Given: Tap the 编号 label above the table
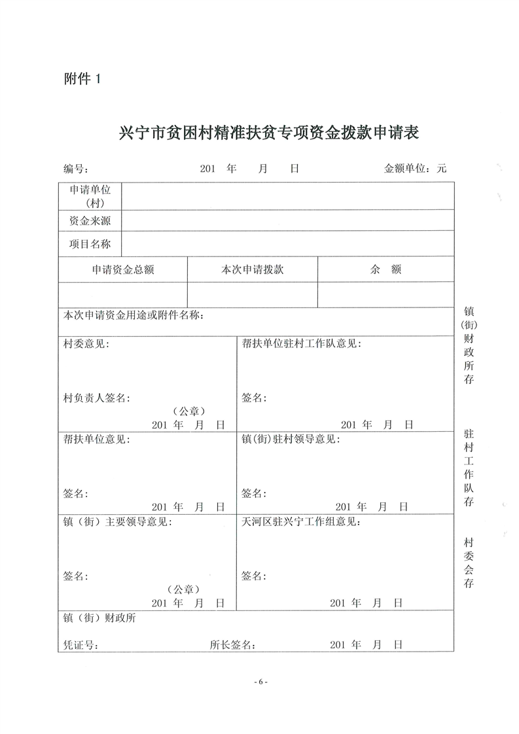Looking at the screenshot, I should (x=75, y=169).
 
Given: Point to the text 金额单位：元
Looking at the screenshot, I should (x=415, y=169).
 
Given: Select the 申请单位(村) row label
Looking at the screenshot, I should (x=90, y=196).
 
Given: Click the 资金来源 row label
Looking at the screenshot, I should (x=90, y=221).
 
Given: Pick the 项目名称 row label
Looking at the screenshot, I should (x=90, y=244).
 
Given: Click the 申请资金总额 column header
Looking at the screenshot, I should (x=123, y=270).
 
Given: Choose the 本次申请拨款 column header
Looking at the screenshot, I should (x=253, y=270).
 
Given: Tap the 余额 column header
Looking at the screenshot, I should (x=385, y=270).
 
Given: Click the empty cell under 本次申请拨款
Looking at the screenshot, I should (x=253, y=294).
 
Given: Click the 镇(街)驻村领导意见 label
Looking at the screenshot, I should (x=292, y=439).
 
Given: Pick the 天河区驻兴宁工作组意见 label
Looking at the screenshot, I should (x=300, y=522).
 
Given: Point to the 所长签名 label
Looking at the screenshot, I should (x=232, y=645).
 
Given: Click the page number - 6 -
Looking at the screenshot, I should (x=260, y=682).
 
